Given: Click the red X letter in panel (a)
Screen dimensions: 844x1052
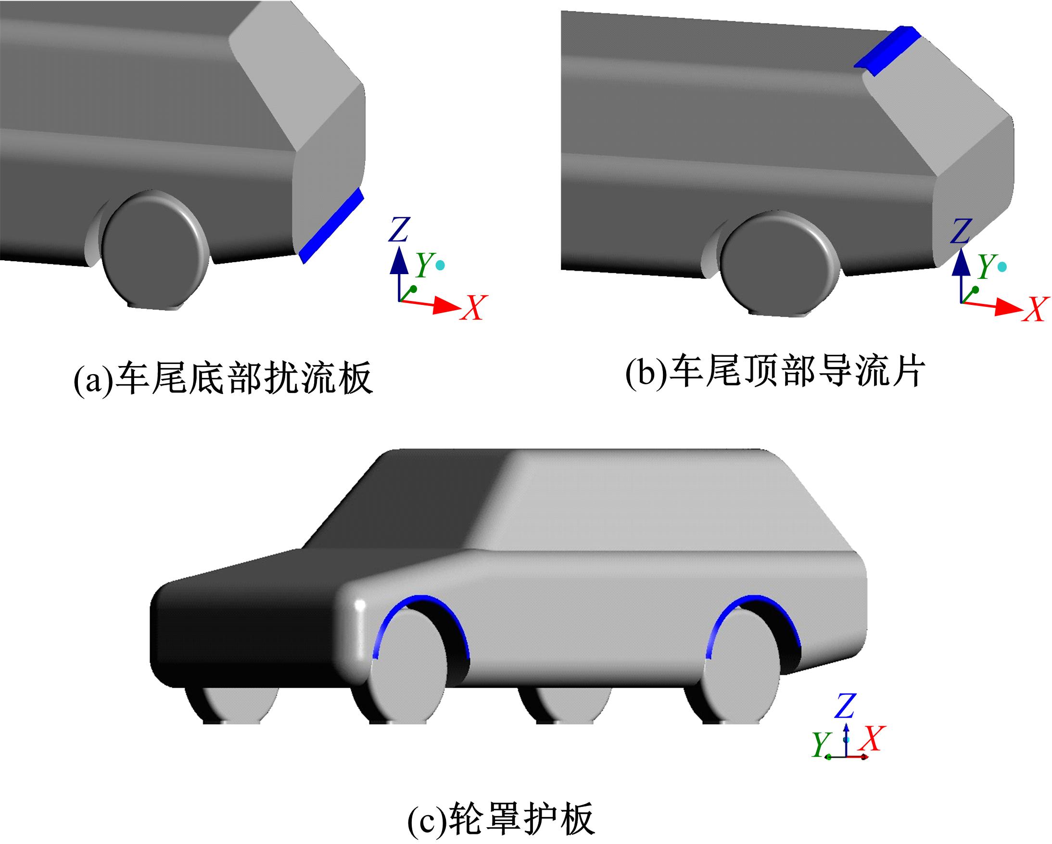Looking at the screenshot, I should click(x=473, y=308).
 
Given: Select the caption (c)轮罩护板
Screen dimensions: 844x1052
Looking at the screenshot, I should click(x=501, y=819).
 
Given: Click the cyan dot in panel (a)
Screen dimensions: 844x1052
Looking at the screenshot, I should click(x=441, y=265).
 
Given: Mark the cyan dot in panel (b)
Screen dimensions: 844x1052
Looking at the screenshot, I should click(x=1002, y=266).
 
